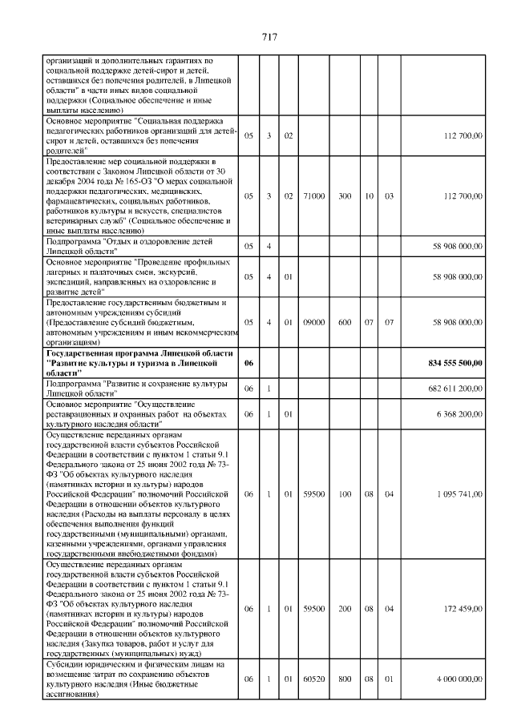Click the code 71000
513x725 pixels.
315,195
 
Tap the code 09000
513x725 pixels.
315,322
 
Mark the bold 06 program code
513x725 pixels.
248,363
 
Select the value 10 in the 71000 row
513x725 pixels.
369,195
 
